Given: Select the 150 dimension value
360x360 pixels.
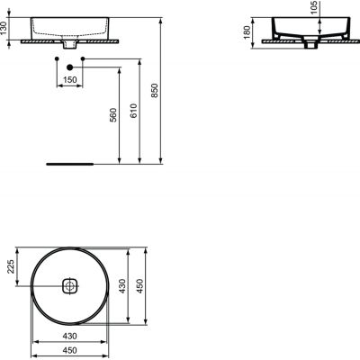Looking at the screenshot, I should [69, 80].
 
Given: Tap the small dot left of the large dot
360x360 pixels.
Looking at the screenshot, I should [56, 59].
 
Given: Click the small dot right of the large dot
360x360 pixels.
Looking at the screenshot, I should [83, 59].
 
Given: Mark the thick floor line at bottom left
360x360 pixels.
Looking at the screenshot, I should [68, 166].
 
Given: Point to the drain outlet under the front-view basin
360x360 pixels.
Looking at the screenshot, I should [69, 44].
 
